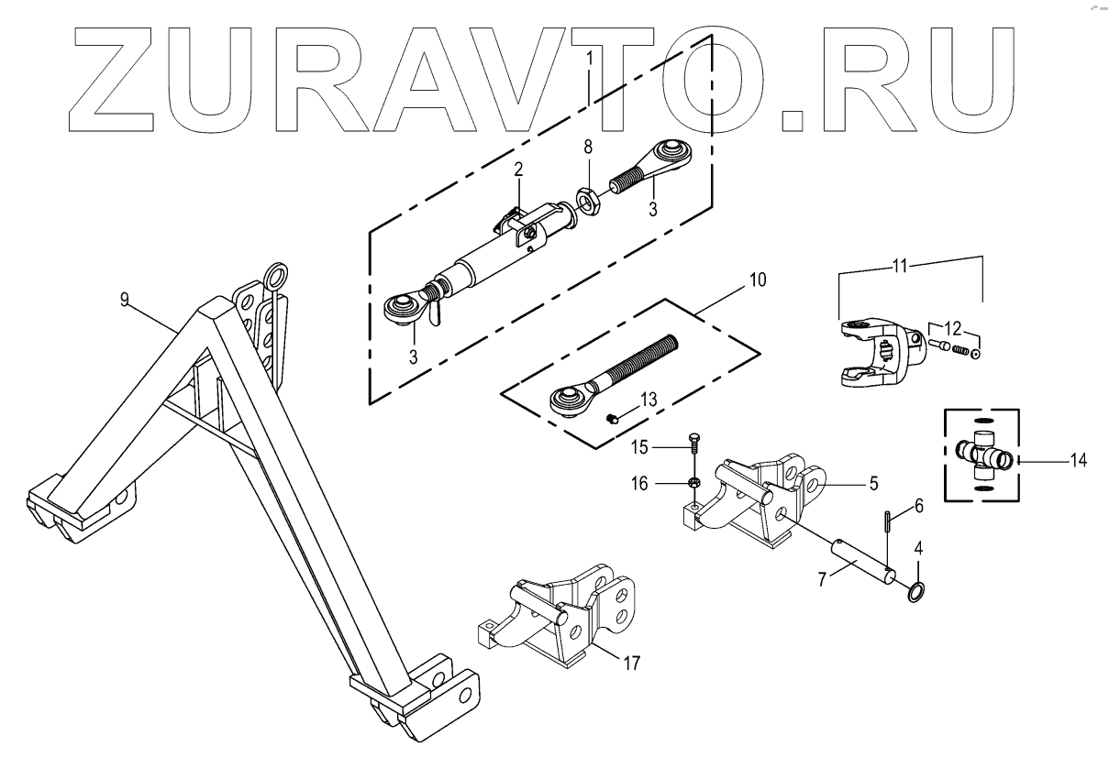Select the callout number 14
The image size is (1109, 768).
coord(1078,461)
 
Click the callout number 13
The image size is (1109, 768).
coord(649,400)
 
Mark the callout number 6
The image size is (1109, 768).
coord(919,506)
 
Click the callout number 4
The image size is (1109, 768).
coord(918,553)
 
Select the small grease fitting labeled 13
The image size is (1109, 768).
coord(615,419)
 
